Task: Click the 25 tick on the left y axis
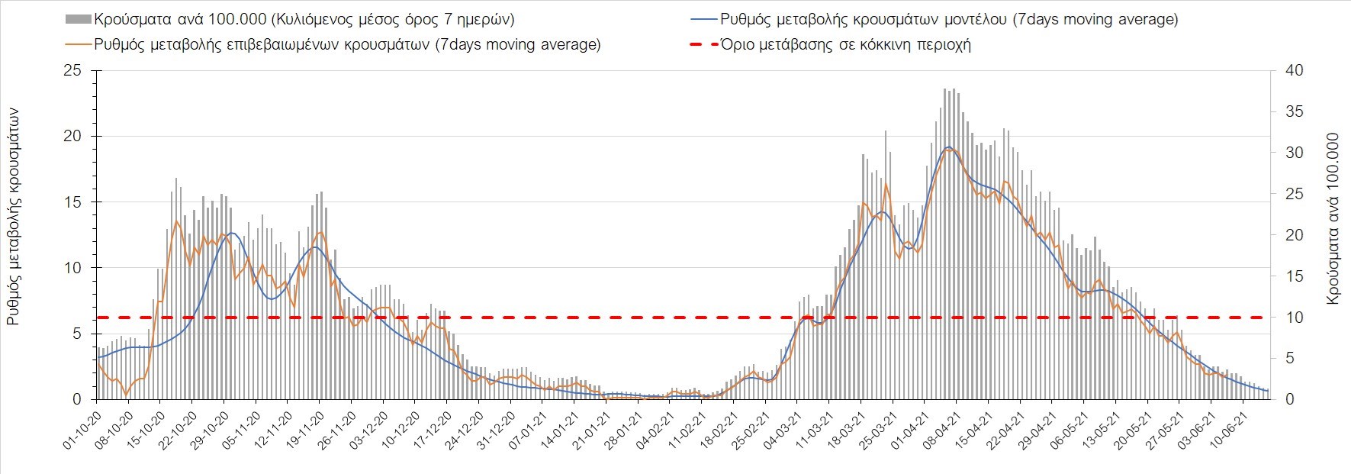pos(72,71)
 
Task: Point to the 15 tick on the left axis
pos(72,202)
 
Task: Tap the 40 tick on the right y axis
pos(1295,71)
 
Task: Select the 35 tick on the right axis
pos(1295,112)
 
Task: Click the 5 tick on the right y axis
pos(1289,358)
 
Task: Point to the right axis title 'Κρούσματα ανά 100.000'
pos(1333,220)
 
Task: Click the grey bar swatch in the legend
pos(79,19)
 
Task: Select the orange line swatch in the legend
pos(79,44)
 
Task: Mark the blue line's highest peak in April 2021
pos(948,147)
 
